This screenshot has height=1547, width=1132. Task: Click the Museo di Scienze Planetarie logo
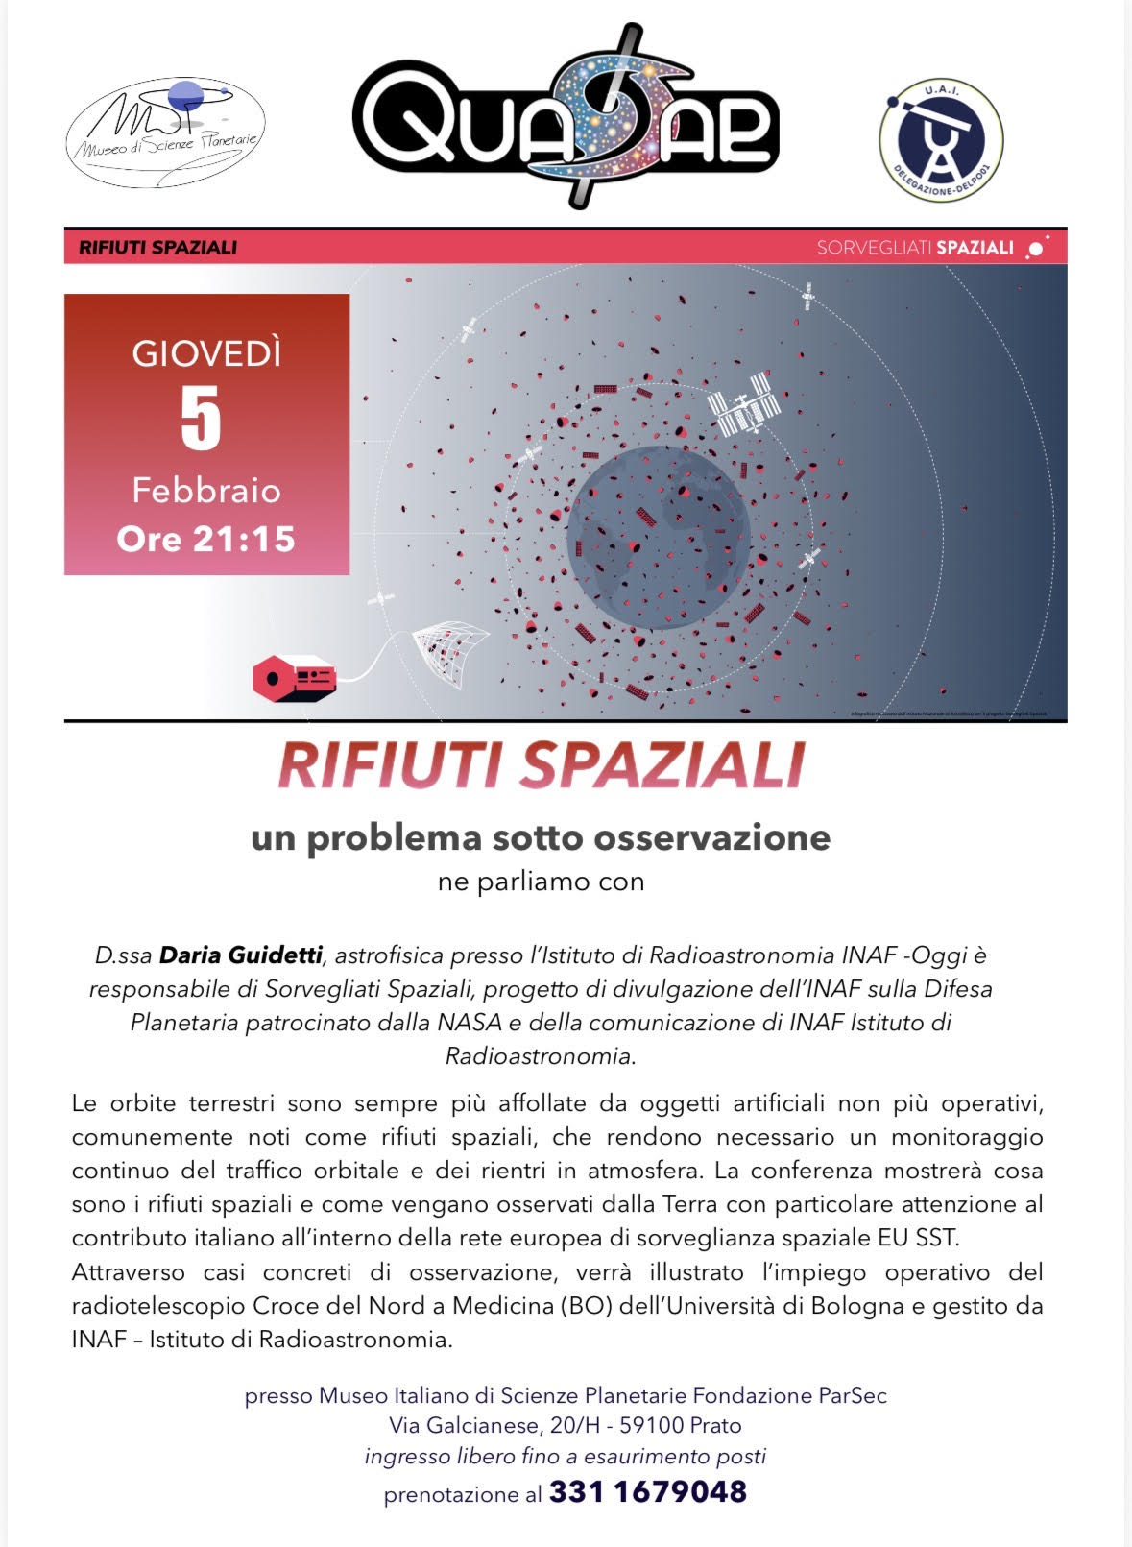tap(165, 132)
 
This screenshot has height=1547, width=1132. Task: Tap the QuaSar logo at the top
tap(566, 116)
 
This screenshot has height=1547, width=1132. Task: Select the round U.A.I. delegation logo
tap(941, 140)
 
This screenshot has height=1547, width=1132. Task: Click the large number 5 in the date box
tap(202, 419)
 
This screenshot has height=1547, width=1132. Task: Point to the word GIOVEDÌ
tap(206, 354)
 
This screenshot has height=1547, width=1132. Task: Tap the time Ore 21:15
tap(205, 539)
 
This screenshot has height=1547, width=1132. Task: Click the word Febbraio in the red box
tap(206, 491)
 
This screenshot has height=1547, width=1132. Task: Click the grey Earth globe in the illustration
tap(658, 538)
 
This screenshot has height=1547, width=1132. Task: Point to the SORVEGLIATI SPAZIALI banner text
tap(915, 248)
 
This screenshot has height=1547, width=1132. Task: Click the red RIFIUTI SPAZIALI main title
tap(541, 766)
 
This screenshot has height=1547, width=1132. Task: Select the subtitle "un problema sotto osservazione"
tap(541, 837)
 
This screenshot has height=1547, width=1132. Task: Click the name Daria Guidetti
tap(240, 955)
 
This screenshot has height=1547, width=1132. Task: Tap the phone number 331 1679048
tap(647, 1492)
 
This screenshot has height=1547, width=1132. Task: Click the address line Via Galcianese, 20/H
tap(565, 1425)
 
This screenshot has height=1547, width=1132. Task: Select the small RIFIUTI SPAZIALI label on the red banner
tap(157, 248)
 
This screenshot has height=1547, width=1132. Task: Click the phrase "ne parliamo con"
tap(541, 882)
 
